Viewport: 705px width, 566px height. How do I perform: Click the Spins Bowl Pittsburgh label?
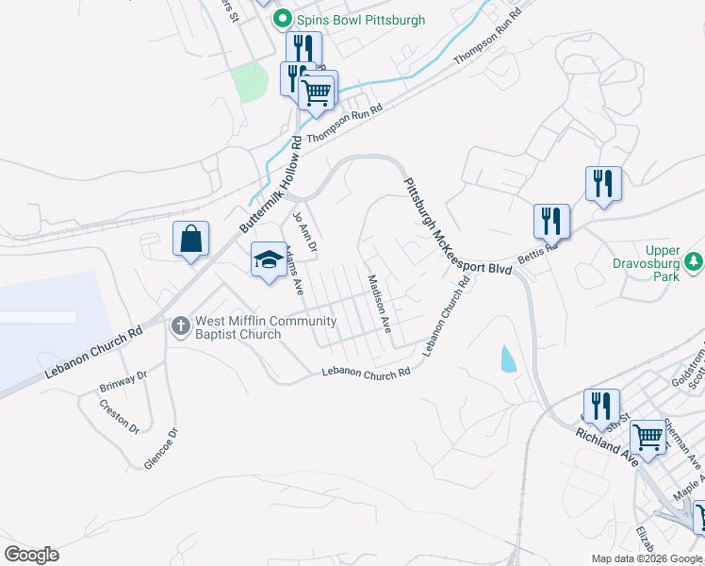pyautogui.click(x=361, y=20)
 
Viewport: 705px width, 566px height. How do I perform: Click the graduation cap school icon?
pyautogui.click(x=269, y=259)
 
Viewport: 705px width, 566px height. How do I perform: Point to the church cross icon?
pyautogui.click(x=181, y=326)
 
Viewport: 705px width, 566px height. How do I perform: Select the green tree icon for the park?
pyautogui.click(x=694, y=259)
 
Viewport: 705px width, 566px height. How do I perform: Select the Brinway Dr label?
pyautogui.click(x=123, y=381)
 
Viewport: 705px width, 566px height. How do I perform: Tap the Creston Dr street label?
pyautogui.click(x=120, y=417)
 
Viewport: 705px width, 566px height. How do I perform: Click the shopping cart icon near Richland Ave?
pyautogui.click(x=648, y=437)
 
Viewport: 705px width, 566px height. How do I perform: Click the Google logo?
pyautogui.click(x=31, y=555)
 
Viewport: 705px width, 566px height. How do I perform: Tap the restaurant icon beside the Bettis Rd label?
pyautogui.click(x=551, y=222)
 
